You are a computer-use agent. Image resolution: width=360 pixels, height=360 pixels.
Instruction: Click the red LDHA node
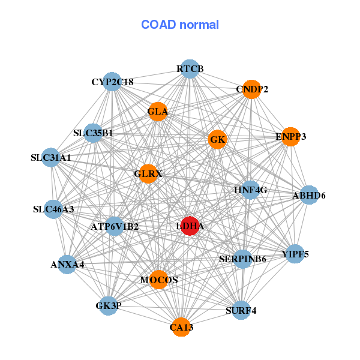[190, 226]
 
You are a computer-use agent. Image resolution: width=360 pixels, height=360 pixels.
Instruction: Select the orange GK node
[217, 139]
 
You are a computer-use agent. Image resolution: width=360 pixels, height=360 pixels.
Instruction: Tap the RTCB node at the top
[190, 69]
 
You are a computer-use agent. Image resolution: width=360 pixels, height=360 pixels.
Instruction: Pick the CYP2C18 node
[112, 82]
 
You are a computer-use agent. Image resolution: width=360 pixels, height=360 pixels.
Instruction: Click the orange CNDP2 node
[251, 89]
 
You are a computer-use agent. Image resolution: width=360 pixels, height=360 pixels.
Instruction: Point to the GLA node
[158, 112]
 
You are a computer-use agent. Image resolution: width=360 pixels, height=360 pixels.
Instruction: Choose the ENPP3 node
[290, 137]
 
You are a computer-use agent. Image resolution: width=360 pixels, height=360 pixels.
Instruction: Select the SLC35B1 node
[93, 133]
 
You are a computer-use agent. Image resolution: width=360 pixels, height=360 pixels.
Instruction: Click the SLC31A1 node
[51, 157]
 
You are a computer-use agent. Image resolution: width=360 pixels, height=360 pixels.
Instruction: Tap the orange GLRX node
[148, 174]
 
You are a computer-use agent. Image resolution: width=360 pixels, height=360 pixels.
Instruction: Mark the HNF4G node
[250, 190]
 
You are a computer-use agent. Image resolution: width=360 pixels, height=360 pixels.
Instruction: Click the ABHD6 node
[309, 195]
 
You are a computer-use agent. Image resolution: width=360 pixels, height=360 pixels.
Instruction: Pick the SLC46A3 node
[53, 209]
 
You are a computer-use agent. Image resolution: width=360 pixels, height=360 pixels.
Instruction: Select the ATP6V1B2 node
[115, 226]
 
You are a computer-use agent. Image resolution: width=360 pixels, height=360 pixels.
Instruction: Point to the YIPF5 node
[295, 254]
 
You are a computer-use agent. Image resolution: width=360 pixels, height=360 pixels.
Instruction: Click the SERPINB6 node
[242, 259]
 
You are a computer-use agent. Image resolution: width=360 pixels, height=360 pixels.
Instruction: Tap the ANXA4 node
[67, 265]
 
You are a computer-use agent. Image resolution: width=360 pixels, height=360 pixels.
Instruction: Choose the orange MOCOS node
[159, 280]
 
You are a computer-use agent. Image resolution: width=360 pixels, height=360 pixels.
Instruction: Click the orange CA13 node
[181, 327]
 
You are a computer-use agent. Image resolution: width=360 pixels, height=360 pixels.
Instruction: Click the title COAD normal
[180, 25]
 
